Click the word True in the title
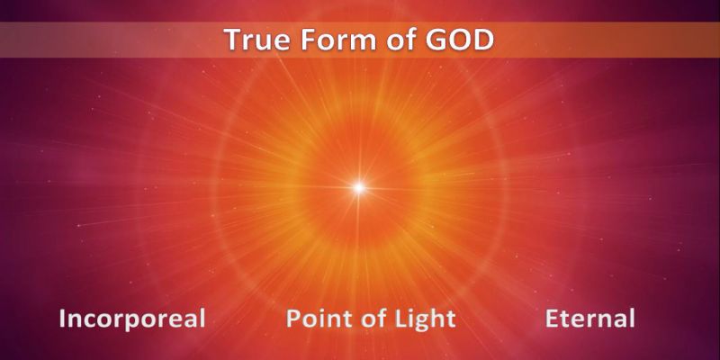click(256, 40)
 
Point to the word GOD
click(460, 40)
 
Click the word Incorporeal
click(132, 319)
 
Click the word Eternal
click(590, 319)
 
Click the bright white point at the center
click(358, 187)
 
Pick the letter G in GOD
click(437, 40)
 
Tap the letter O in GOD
click(461, 40)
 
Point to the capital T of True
click(233, 40)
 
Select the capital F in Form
click(308, 40)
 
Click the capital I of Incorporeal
click(62, 319)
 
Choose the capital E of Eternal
click(553, 319)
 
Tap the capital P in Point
click(294, 319)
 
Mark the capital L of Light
click(388, 319)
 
